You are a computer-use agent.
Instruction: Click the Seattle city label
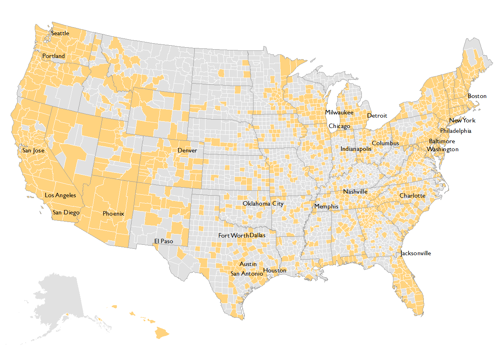coord(60,33)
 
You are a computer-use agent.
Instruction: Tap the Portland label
coord(54,56)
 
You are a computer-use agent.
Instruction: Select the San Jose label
coord(33,151)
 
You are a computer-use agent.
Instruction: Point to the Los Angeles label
coord(60,195)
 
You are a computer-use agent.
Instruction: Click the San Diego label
coord(66,212)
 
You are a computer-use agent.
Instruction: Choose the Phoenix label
coord(113,214)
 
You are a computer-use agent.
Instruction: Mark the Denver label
coord(187,150)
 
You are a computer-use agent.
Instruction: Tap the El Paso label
coord(164,241)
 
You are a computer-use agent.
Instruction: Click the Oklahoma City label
coord(263,204)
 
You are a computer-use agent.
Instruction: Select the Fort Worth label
coord(234,236)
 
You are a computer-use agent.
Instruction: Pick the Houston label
coord(275,270)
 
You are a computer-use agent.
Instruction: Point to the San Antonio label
coord(247,274)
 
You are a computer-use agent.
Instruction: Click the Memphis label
coord(326,206)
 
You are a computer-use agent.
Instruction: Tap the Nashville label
coord(355,192)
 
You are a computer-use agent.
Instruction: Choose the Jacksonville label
coord(416,253)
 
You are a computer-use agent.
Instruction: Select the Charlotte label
coord(412,196)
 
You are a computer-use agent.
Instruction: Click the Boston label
coord(477,96)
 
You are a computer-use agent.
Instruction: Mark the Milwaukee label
coord(339,113)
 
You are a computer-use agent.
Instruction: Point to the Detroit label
coord(377,116)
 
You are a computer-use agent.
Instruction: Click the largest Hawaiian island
coord(162,332)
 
